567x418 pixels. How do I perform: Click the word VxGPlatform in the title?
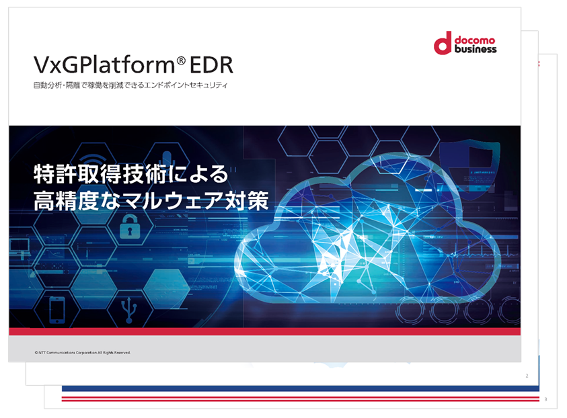(104, 65)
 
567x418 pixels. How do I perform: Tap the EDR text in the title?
(212, 65)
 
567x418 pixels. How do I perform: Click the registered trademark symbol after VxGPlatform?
(181, 60)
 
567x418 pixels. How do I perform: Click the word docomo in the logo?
(475, 40)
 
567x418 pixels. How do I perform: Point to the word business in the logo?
(476, 49)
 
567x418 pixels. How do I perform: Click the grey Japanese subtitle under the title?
(130, 85)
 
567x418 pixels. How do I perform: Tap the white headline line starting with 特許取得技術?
(131, 174)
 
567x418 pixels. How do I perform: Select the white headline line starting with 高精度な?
(151, 200)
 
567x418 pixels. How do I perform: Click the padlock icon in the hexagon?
(130, 226)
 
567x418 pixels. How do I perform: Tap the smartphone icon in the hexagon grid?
(57, 310)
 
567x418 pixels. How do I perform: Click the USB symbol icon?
(129, 310)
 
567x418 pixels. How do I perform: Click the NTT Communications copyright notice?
(83, 353)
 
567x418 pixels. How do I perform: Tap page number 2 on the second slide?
(527, 376)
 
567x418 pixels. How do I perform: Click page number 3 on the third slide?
(545, 399)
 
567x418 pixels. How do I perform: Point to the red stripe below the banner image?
(265, 332)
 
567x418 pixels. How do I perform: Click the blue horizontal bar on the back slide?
(301, 388)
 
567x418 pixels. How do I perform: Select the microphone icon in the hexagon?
(166, 159)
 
